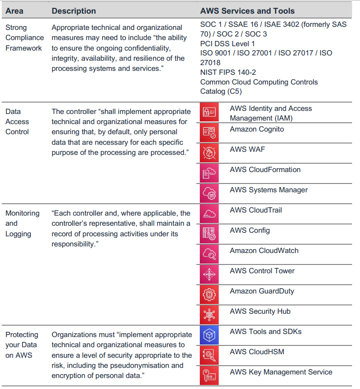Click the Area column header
coord(14,11)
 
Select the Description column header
coord(73,11)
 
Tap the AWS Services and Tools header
coord(247,11)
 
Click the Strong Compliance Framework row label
coord(24,38)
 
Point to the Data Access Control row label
coord(17,122)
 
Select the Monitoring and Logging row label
coord(22,224)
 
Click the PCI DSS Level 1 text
coord(227,44)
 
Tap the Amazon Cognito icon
coord(209,132)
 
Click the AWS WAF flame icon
coord(209,153)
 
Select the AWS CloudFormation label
coord(265,170)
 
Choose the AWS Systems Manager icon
coord(209,193)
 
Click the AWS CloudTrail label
coord(255,210)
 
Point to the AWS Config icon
coord(209,234)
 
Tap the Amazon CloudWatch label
coord(264,251)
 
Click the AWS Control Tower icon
coord(209,274)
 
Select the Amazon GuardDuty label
coord(262,291)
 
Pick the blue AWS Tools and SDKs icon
coord(209,335)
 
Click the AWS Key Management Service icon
coord(209,376)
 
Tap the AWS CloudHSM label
coord(257,352)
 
